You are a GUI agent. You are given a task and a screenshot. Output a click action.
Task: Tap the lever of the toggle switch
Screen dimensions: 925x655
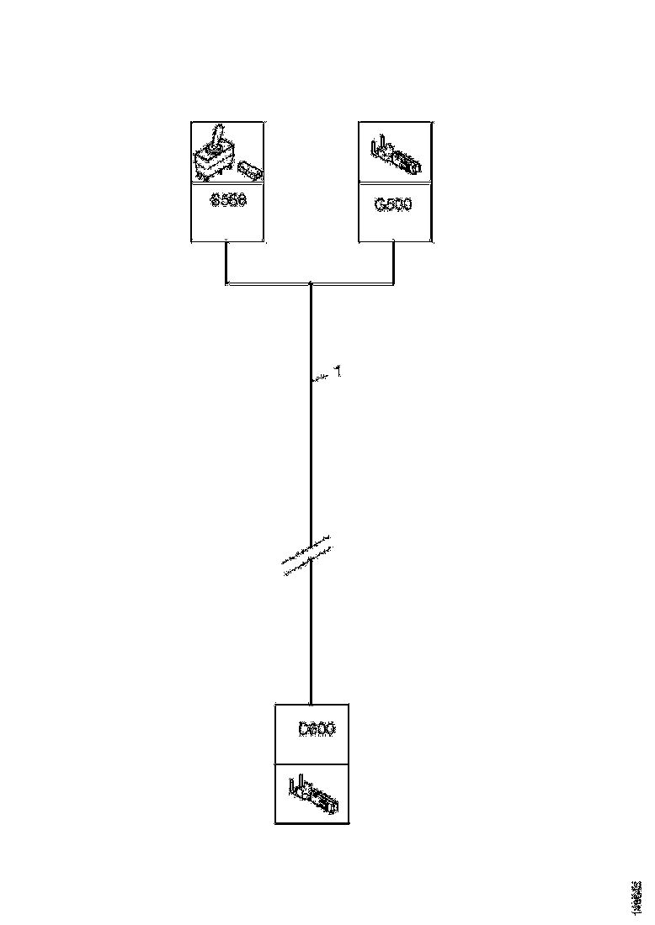coord(218,136)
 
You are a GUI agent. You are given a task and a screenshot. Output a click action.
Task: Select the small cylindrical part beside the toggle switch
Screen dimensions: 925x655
coord(250,171)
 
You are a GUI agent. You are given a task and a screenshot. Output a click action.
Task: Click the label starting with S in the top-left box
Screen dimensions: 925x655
coord(227,202)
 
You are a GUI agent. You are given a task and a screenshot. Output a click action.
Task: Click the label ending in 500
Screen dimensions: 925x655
coord(393,203)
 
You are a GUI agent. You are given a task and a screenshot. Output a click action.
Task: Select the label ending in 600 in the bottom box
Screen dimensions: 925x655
coord(317,729)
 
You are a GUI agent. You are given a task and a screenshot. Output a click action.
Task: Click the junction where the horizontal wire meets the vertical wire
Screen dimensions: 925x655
coord(312,284)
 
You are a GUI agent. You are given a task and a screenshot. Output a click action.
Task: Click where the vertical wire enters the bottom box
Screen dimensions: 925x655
coord(312,704)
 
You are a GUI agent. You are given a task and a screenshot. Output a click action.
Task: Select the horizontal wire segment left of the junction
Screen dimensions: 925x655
coord(269,284)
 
